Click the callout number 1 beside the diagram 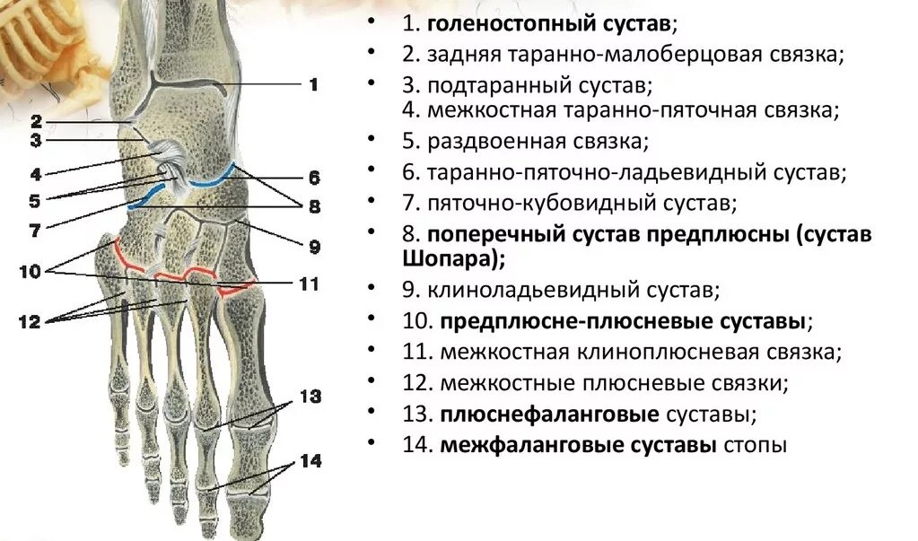click(313, 85)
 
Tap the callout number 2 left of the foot click(36, 121)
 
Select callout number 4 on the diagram click(36, 173)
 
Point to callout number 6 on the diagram click(313, 177)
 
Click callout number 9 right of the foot click(313, 245)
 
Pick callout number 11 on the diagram click(308, 284)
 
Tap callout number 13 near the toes click(310, 396)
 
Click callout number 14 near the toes click(310, 461)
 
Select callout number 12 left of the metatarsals click(30, 321)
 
